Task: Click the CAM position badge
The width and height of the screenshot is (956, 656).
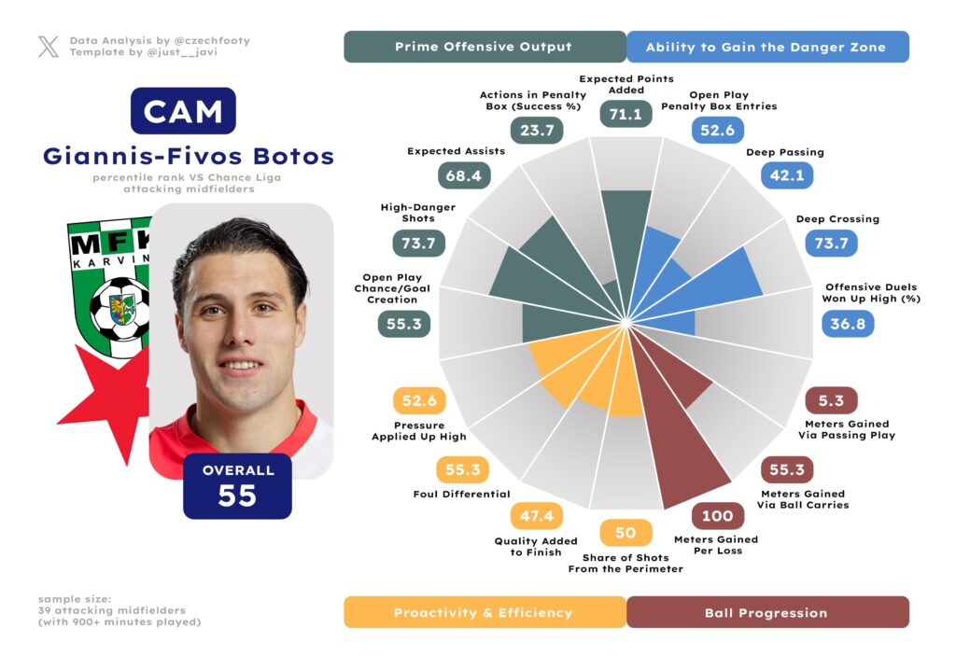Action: click(183, 111)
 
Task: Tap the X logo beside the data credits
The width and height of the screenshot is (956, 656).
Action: click(48, 47)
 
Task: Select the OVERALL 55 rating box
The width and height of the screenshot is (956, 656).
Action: click(237, 485)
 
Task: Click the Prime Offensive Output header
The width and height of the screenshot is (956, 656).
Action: click(484, 47)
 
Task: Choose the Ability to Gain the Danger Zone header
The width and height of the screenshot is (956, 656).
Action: click(766, 47)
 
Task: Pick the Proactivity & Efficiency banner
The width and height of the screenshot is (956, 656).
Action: click(484, 613)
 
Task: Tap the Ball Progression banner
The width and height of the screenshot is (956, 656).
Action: click(766, 613)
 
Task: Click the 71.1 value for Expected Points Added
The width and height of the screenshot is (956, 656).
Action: click(626, 114)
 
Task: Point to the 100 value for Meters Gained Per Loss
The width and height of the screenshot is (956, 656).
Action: click(717, 516)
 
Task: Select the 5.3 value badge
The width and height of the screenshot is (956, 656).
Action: click(830, 401)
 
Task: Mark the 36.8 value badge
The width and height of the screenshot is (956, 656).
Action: click(848, 324)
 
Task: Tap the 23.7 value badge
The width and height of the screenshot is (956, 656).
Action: click(537, 131)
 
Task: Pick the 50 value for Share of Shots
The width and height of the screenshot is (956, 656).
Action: click(626, 533)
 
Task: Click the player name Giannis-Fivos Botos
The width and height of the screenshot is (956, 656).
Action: click(188, 156)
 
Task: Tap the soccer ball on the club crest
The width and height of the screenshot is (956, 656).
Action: click(119, 308)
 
